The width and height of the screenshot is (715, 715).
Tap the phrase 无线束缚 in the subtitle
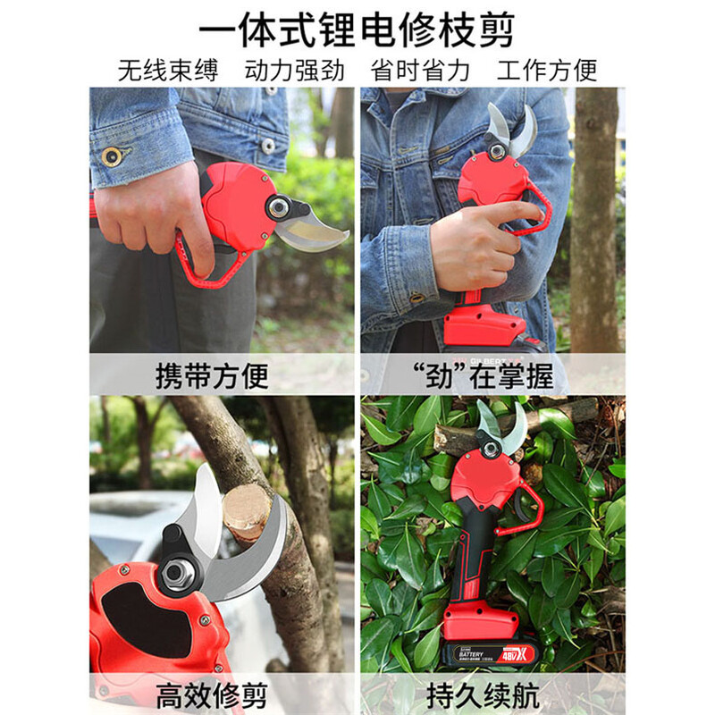[x=168, y=71]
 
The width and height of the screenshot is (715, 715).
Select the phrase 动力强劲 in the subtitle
[x=294, y=71]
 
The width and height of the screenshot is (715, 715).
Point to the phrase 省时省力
[x=420, y=71]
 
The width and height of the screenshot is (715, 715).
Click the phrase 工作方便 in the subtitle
[x=547, y=71]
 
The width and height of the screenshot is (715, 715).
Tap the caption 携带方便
[x=212, y=375]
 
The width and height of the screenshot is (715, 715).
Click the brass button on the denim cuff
[x=112, y=156]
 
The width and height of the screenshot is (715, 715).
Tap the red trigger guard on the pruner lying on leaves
[x=527, y=509]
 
